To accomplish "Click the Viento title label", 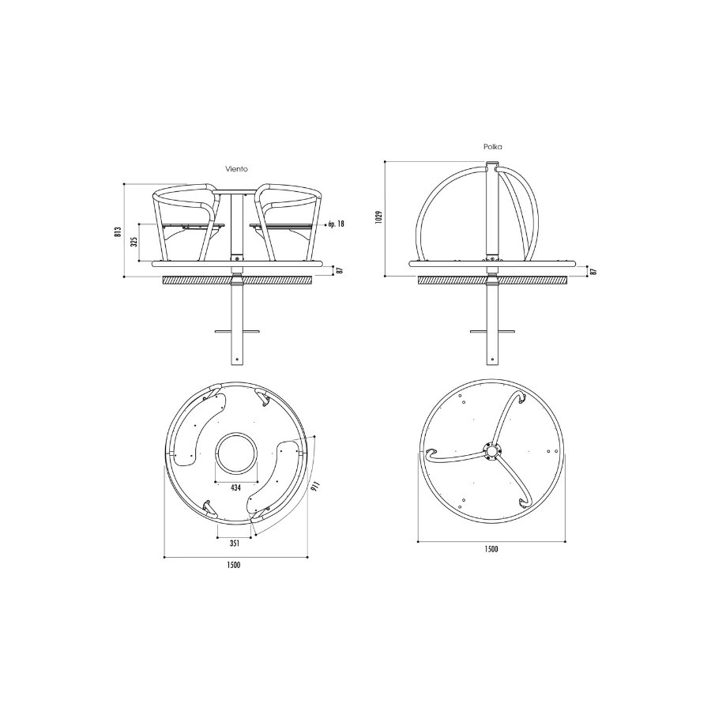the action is point(237,169).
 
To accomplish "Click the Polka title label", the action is point(492,147).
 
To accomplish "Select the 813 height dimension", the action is point(118,231).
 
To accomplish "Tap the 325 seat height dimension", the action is point(134,243).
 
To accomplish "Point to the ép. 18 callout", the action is point(335,224).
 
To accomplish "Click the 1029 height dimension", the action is point(379,216).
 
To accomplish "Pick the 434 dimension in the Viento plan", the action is point(235,488).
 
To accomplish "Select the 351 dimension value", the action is point(234,544).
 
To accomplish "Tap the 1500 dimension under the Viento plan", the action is point(234,565).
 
